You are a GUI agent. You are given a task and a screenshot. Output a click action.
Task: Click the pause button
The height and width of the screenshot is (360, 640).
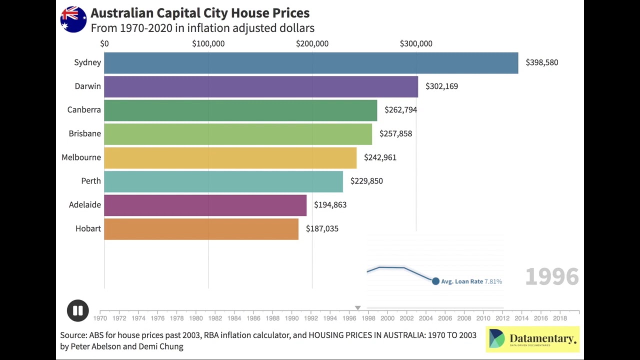(x=78, y=310)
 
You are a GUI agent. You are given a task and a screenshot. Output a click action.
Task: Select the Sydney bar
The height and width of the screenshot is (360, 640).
(x=311, y=62)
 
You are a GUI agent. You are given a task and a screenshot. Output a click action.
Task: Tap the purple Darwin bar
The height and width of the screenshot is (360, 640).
(x=261, y=86)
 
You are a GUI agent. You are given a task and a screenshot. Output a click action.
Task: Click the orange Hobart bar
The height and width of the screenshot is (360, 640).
(x=201, y=229)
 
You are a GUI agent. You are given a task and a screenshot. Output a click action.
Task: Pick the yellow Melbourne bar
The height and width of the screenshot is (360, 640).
(x=230, y=157)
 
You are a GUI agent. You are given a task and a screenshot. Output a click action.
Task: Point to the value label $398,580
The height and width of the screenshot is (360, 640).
(x=541, y=62)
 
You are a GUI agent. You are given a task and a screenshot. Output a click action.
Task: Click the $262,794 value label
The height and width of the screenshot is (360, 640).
(x=400, y=110)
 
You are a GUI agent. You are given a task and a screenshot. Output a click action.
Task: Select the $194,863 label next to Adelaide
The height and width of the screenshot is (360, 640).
(x=330, y=205)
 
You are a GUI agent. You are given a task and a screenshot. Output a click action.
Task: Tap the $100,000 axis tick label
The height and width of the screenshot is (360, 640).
(x=208, y=43)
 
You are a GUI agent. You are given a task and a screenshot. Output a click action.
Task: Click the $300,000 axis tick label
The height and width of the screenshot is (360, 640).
(x=416, y=43)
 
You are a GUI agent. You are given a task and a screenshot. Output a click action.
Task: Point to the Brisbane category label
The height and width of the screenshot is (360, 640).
(x=84, y=133)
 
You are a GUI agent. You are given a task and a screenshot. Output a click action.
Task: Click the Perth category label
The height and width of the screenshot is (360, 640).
(x=91, y=181)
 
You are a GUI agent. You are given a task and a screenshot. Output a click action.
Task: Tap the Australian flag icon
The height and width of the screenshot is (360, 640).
(x=73, y=19)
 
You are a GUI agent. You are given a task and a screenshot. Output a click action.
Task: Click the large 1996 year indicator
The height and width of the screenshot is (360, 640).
(x=552, y=276)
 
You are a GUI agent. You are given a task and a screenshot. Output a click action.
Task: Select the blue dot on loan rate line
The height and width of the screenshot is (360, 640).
(x=435, y=281)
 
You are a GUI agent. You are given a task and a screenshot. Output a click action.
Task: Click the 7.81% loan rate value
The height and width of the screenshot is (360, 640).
(x=493, y=281)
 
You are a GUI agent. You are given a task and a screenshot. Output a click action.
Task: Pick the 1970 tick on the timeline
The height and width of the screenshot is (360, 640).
(x=100, y=317)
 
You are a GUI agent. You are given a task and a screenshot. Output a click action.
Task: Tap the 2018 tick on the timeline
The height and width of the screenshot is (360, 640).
(x=559, y=317)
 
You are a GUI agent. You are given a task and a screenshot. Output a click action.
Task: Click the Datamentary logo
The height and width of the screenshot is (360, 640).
(x=532, y=339)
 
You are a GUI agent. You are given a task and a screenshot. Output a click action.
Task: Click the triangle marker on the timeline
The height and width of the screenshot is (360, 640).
(x=357, y=308)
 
